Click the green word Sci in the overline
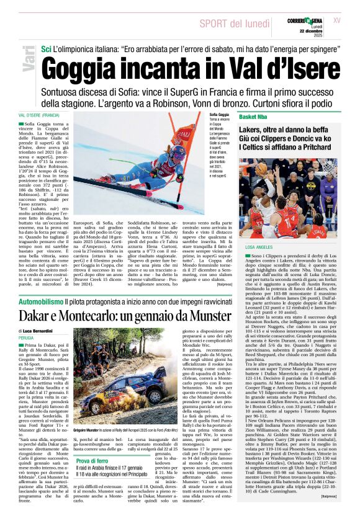click(46, 48)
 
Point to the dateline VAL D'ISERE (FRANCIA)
click(39, 115)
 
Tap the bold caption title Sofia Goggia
click(219, 115)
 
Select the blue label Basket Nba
click(256, 117)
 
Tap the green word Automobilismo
click(40, 301)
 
